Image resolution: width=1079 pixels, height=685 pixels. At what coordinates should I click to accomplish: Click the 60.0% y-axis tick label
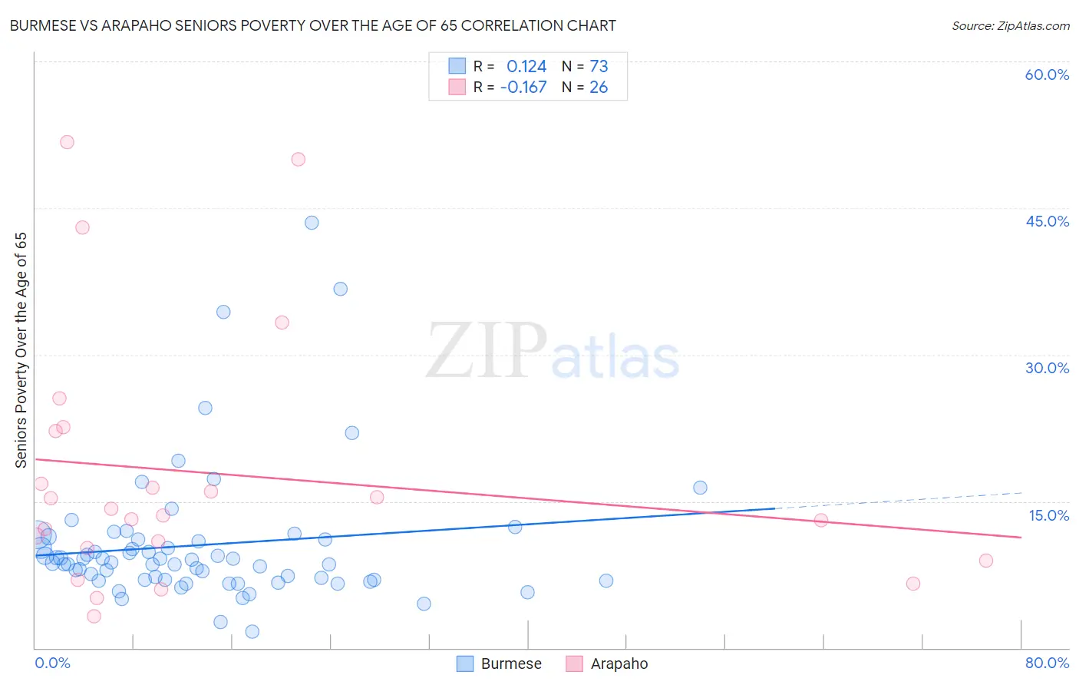pos(1047,74)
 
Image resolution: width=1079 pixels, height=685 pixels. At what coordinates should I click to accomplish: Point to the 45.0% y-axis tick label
pos(1047,221)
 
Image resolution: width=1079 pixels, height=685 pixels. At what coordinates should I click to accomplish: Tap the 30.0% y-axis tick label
pos(1047,368)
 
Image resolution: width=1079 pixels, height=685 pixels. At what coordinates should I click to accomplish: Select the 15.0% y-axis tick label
pos(1048,515)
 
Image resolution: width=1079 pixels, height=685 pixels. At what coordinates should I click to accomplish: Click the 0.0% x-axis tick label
pos(52,663)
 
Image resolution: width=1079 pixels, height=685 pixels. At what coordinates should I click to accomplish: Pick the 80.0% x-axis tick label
pos(1047,663)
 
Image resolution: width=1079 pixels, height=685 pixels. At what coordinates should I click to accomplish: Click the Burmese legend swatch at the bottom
pos(465,663)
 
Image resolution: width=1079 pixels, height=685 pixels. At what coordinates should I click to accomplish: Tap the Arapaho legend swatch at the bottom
pos(574,663)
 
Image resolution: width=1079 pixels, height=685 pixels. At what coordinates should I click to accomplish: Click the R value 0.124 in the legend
pos(526,66)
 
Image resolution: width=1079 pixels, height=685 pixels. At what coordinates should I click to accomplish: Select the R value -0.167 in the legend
pos(523,88)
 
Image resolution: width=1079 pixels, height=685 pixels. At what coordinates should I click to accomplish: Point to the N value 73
pos(599,66)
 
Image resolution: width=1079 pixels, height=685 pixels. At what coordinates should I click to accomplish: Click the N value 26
pos(599,88)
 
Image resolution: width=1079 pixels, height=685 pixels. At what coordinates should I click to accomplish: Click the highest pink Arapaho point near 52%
pos(67,142)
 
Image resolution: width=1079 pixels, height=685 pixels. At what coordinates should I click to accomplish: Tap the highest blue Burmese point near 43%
pos(312,223)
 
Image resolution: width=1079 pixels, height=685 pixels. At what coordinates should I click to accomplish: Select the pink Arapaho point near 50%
pos(299,159)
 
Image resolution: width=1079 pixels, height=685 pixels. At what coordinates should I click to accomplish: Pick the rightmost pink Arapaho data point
pos(986,561)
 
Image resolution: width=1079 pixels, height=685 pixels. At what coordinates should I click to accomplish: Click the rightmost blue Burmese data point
pos(700,488)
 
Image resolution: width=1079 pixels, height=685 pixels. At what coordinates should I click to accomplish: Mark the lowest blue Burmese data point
pos(252,631)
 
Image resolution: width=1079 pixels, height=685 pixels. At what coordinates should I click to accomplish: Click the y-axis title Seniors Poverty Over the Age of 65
pos(21,350)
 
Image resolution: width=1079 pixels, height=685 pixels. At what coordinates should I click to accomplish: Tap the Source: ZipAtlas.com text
pos(1010,26)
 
